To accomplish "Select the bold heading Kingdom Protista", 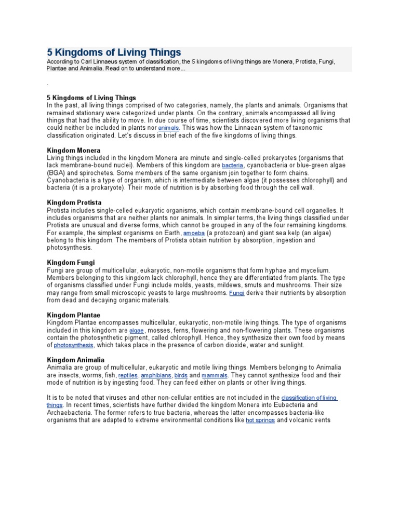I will click(74, 202).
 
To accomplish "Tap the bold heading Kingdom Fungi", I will click(71, 263).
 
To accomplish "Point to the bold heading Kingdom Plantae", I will click(73, 315).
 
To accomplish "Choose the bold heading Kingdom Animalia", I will click(75, 360).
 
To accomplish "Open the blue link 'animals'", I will click(168, 128).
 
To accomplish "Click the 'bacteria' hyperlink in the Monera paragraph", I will click(232, 165).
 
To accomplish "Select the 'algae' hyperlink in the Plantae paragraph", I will click(137, 330).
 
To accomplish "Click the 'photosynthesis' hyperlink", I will click(74, 345).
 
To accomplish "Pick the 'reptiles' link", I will click(128, 375).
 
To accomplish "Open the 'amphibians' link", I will click(156, 375).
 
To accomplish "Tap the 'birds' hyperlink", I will click(181, 375).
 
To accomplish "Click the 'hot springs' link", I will click(260, 420).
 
